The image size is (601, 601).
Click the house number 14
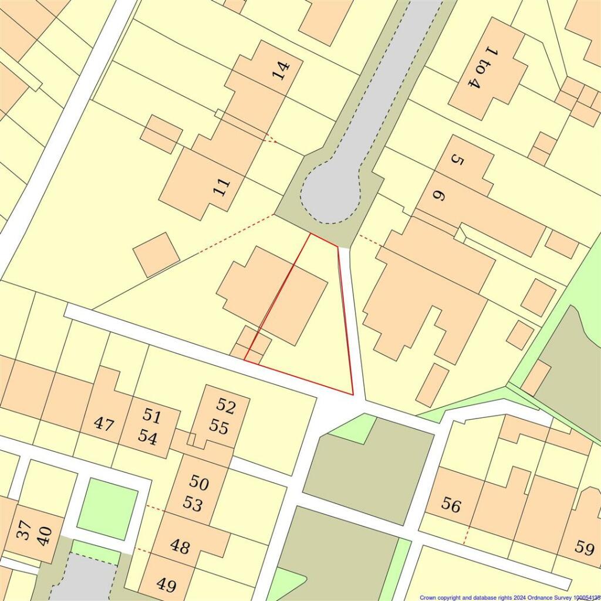coord(282,71)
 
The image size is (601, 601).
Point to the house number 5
coord(457,159)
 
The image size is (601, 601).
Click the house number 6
coord(437,195)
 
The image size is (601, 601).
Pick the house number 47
coord(104,424)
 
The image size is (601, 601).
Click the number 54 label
coord(147,438)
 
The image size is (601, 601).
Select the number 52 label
coord(225,404)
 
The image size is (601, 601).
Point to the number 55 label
coord(218,427)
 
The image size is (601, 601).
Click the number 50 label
coord(198,483)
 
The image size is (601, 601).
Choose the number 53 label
coord(193,504)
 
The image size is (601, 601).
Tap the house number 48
coord(180,546)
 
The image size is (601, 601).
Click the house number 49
coord(167,585)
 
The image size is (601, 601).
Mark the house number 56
coord(451,505)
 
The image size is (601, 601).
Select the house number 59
coord(585,548)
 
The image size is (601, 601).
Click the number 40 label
coord(45,536)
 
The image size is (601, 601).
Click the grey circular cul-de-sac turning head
coord(330,195)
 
